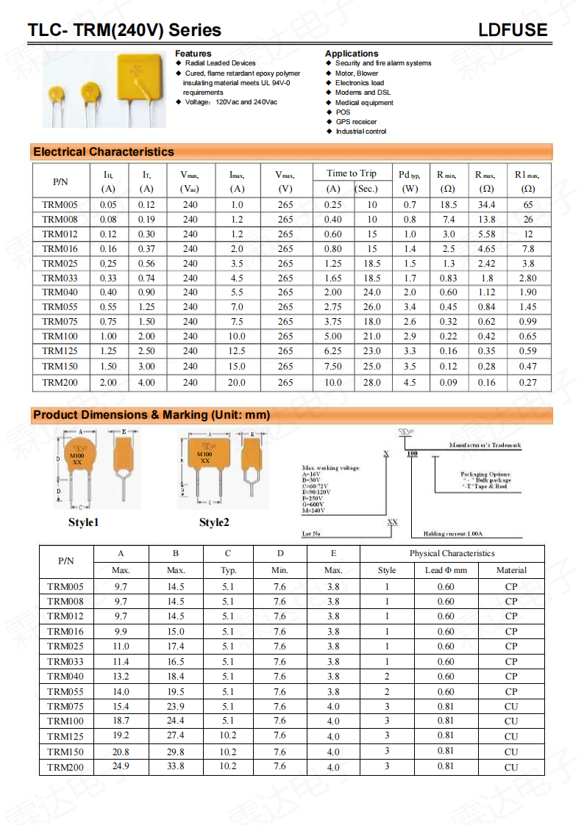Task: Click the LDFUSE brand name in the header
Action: [x=513, y=30]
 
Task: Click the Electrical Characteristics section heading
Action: [x=104, y=152]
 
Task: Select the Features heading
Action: [x=193, y=54]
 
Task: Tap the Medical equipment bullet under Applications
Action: [x=364, y=103]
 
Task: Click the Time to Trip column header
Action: [x=352, y=173]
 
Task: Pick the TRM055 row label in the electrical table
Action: [x=60, y=307]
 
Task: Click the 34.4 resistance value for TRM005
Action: [x=486, y=205]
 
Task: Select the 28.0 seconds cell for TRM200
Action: [x=372, y=383]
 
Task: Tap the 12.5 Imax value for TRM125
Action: [x=237, y=351]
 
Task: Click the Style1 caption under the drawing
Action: [x=83, y=522]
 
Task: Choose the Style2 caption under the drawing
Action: [x=214, y=522]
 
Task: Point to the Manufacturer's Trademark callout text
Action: [x=485, y=446]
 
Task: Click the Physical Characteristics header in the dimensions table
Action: [x=452, y=554]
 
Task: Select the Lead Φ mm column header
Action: [x=446, y=570]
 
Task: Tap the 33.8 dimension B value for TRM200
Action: [x=176, y=767]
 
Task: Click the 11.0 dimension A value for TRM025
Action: [x=121, y=646]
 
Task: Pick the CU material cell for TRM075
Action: [x=511, y=707]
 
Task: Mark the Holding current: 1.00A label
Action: [x=457, y=534]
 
